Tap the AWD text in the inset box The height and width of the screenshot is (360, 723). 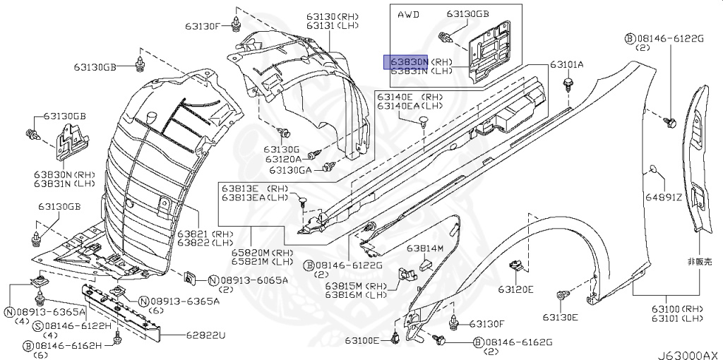point(408,13)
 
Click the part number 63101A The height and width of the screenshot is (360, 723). point(568,65)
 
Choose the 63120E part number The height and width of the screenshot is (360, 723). point(515,289)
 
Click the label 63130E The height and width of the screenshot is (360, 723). point(560,317)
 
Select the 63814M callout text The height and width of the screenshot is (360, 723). point(425,248)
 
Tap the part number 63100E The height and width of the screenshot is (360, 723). point(362,341)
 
